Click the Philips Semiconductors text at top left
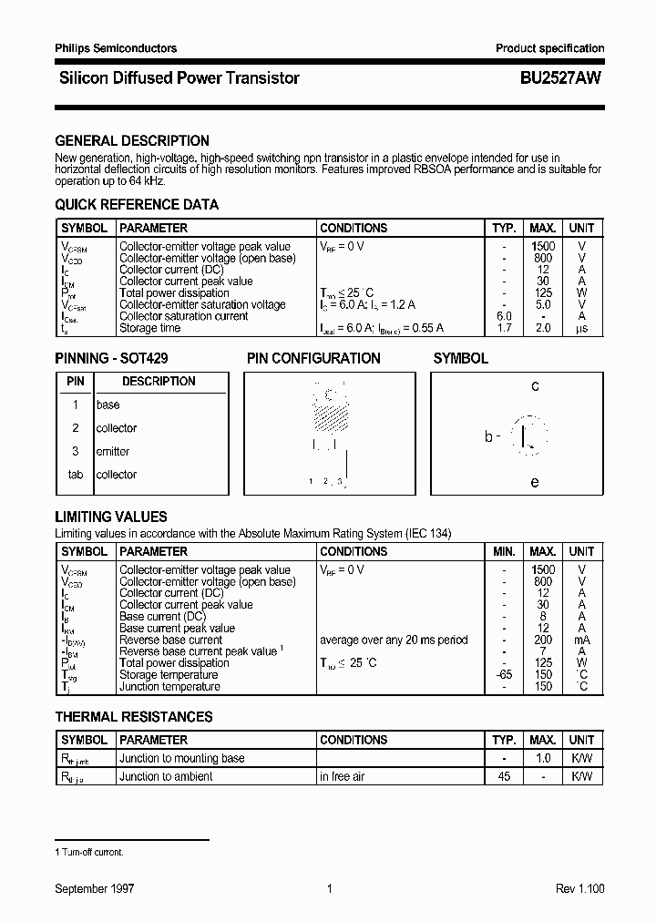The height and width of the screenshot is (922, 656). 116,48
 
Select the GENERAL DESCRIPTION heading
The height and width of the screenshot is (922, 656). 132,141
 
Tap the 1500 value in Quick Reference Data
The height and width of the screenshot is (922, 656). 542,246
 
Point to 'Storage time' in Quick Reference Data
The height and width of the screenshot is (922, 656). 150,328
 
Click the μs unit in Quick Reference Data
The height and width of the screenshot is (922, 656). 580,328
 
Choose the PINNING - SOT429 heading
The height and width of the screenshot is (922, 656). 111,359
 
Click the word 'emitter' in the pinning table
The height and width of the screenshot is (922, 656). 113,452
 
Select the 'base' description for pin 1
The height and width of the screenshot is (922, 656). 108,405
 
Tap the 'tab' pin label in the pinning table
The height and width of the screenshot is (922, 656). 76,475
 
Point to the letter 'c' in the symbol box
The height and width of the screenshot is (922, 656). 535,386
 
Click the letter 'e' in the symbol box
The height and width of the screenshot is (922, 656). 535,482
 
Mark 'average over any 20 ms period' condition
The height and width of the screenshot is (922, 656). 393,640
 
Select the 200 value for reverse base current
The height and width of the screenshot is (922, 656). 543,640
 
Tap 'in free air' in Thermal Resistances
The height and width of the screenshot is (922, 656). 343,776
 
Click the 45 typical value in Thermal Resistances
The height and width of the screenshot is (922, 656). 504,776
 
